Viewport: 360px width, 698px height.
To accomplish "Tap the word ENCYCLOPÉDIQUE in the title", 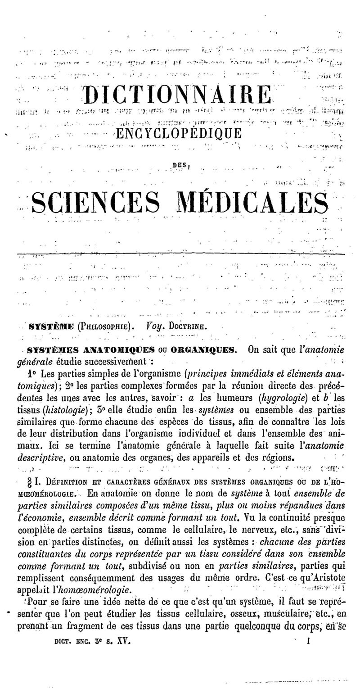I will tap(179, 133).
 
